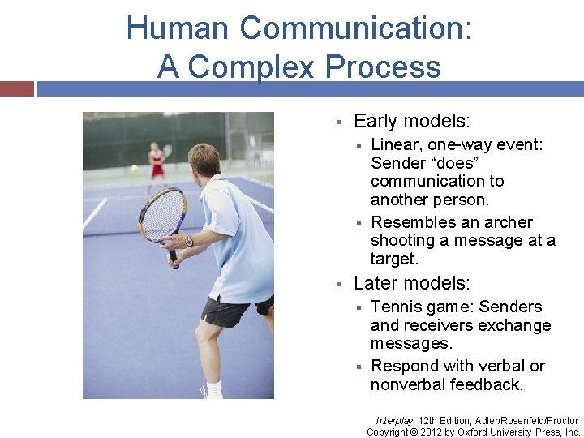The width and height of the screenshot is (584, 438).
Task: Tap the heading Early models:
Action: click(411, 122)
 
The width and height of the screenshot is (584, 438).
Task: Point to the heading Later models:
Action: click(411, 283)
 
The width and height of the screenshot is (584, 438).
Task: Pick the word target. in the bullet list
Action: click(394, 260)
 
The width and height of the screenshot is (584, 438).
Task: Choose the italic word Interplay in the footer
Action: click(394, 420)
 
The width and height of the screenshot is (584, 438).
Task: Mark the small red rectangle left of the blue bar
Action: click(16, 88)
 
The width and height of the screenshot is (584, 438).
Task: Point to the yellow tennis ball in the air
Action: click(134, 169)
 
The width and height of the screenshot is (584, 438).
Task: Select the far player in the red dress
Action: click(156, 163)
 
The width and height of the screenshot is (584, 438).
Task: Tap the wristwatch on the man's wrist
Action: click(188, 241)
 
